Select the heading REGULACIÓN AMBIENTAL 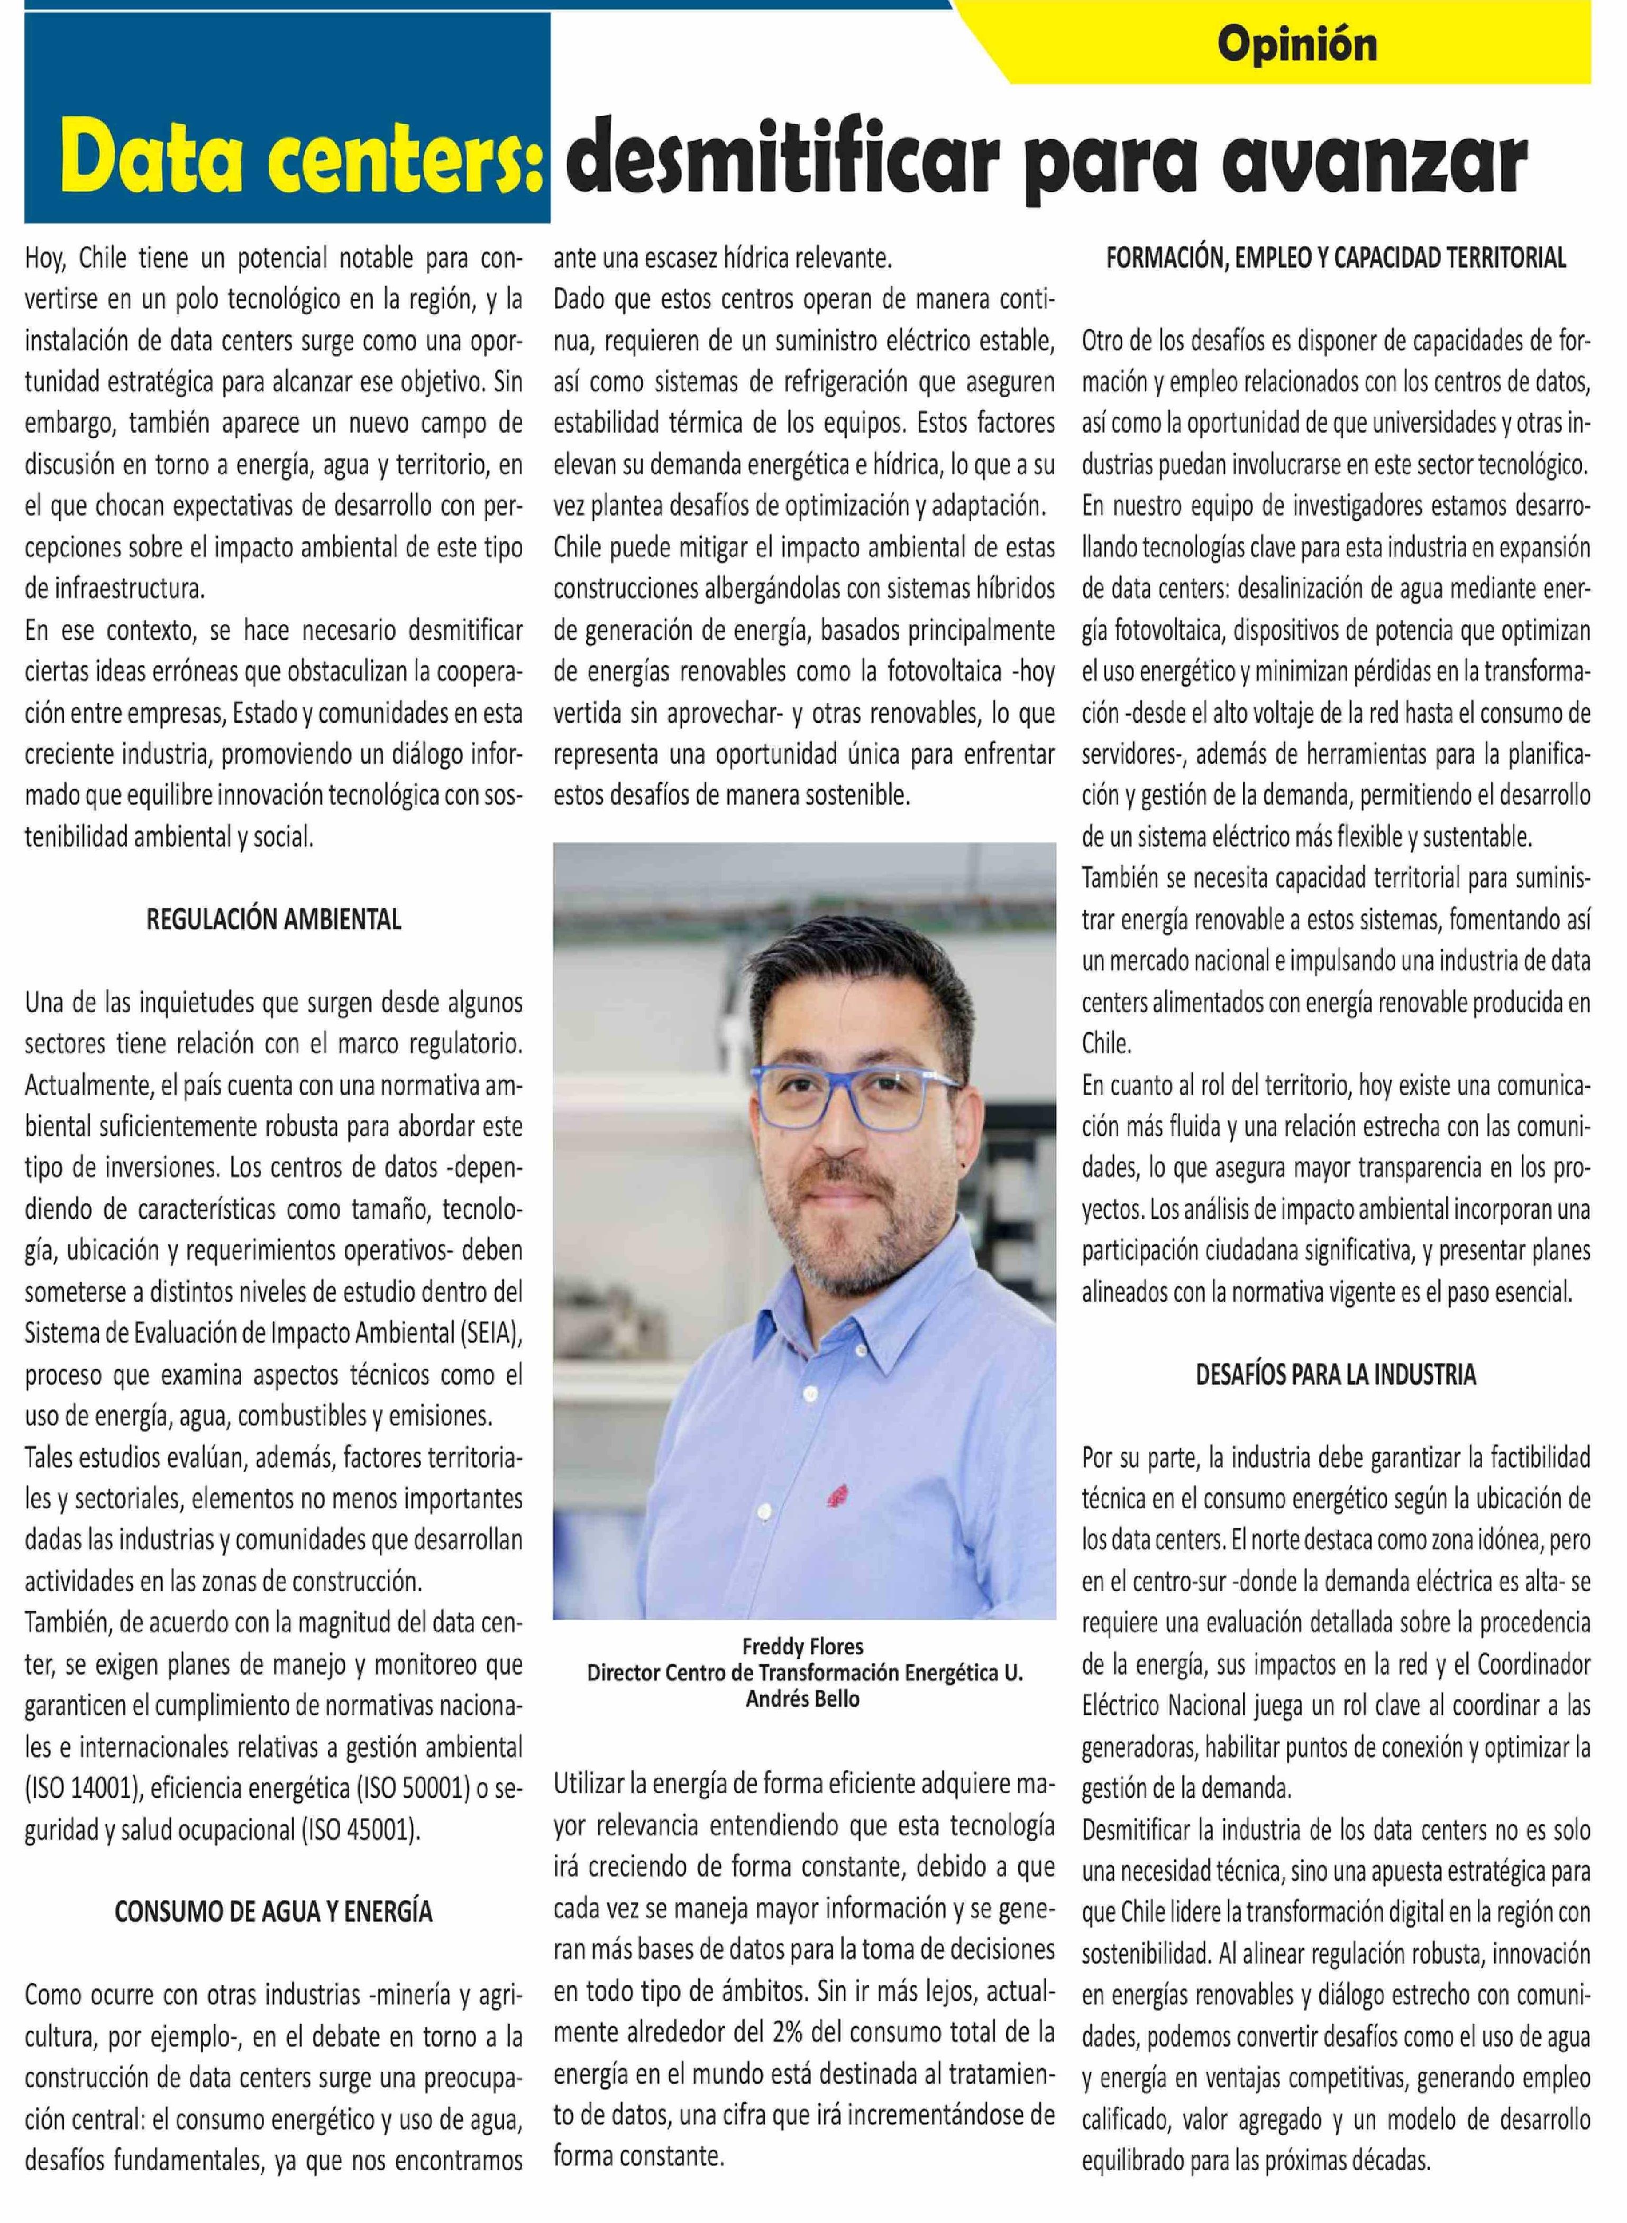tap(274, 920)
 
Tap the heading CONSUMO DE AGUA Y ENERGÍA tap(274, 1912)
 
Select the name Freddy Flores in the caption tap(803, 1646)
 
